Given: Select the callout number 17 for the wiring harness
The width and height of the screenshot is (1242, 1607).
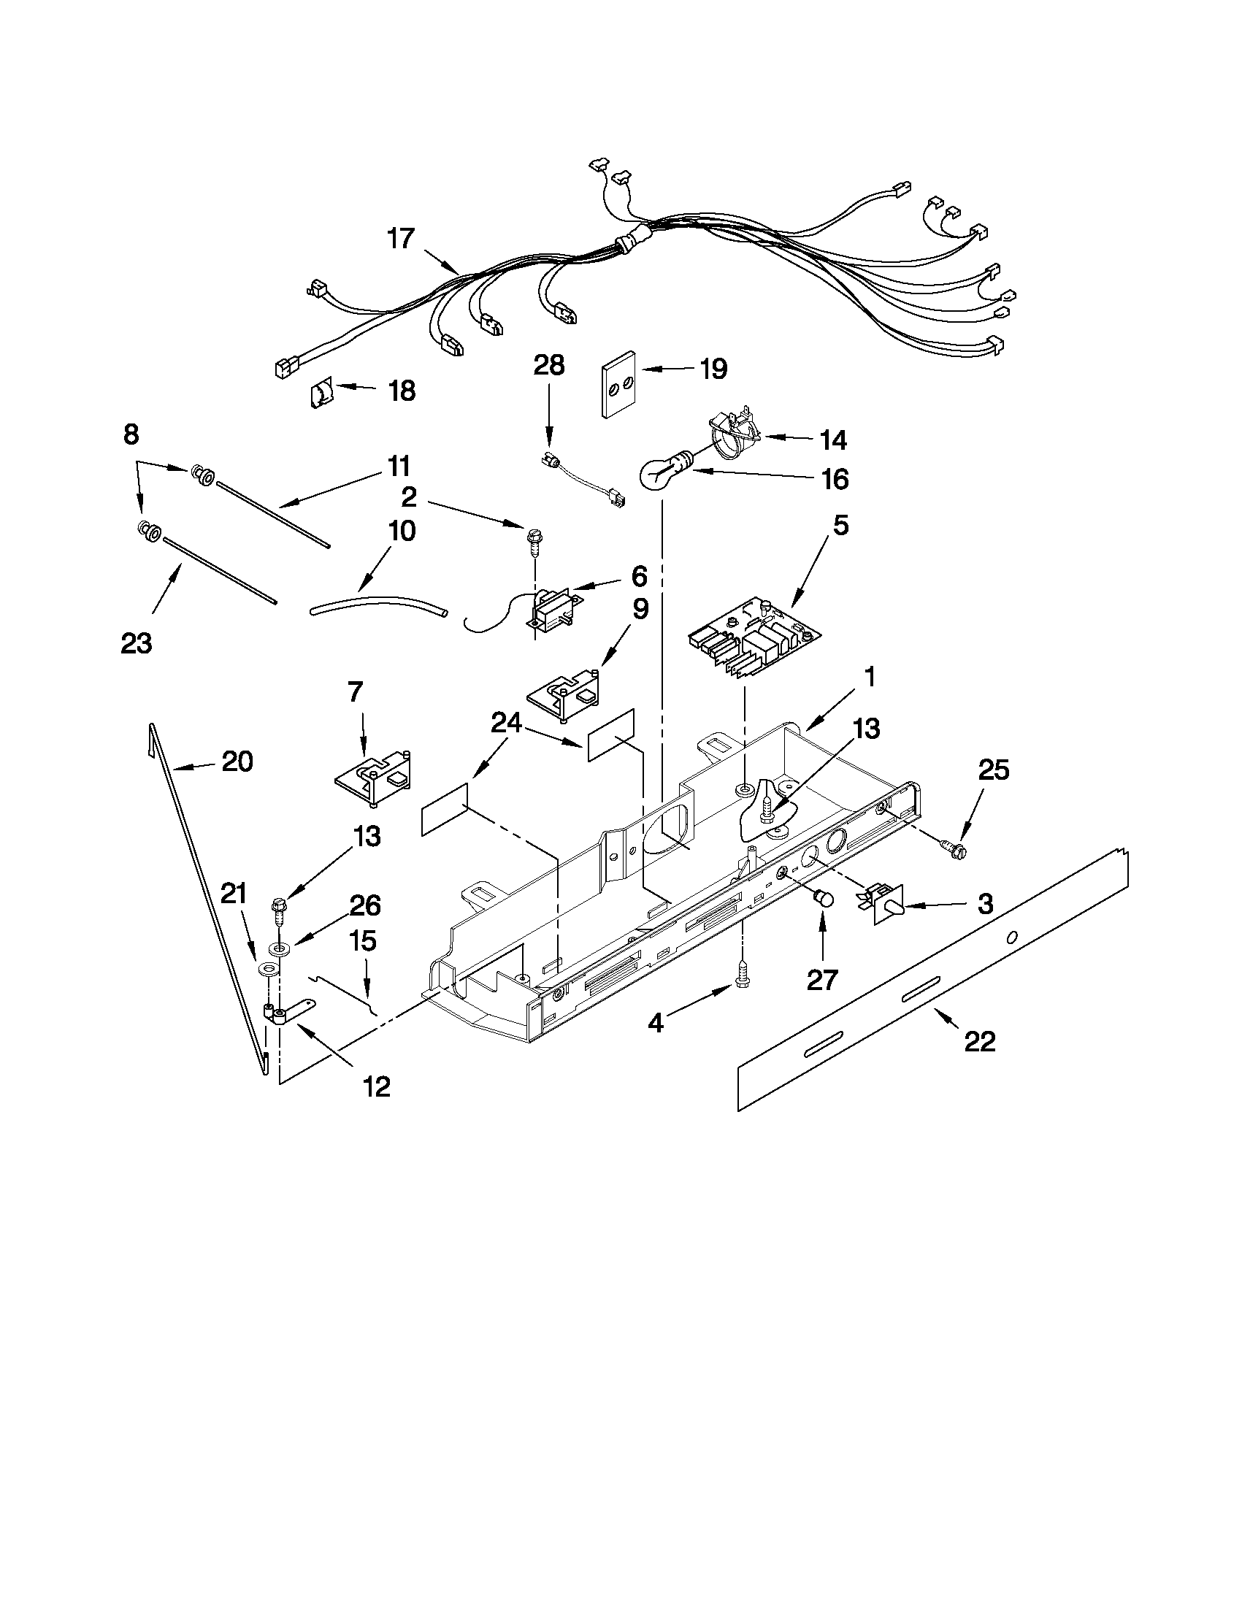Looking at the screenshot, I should [401, 240].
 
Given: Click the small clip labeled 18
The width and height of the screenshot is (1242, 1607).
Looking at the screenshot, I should [321, 394].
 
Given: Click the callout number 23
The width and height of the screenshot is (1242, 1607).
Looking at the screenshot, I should [136, 643].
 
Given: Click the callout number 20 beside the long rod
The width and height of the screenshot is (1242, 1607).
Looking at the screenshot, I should [237, 762].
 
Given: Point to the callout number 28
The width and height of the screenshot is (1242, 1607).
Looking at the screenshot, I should [549, 366].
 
